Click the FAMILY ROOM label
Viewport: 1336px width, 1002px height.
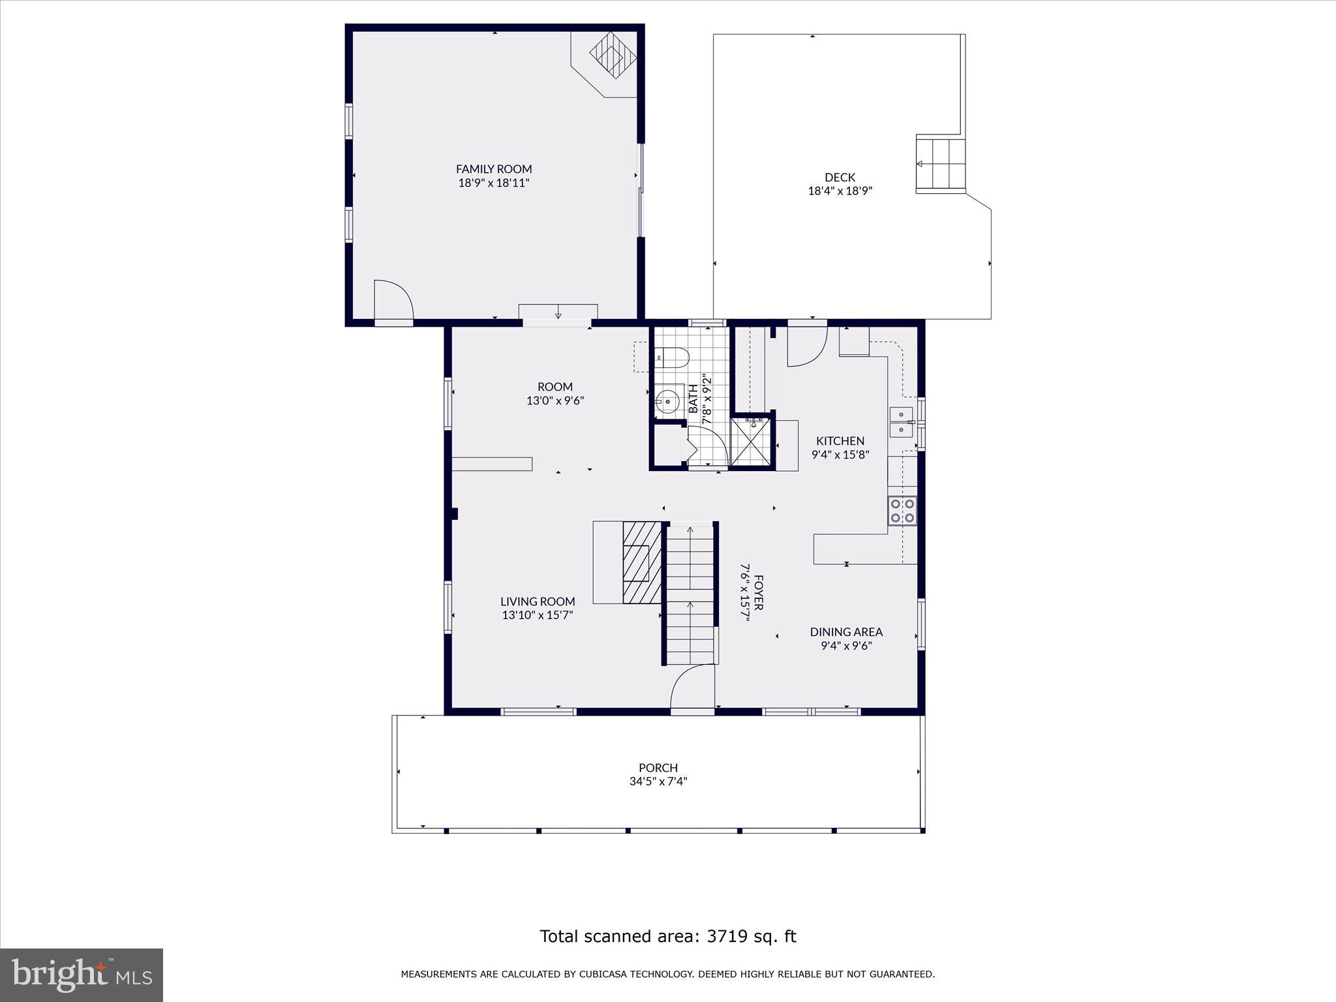(494, 169)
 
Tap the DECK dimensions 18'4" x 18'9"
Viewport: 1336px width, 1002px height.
(840, 191)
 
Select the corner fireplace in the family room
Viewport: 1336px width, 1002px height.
(612, 55)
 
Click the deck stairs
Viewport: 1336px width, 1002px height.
(940, 164)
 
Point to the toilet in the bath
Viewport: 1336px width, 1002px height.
(672, 357)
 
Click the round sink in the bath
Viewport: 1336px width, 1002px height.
(667, 401)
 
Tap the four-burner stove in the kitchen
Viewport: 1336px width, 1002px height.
(902, 510)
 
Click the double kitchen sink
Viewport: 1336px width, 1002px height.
(901, 422)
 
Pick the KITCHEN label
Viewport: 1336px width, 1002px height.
(840, 441)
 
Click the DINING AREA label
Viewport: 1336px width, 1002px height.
(846, 631)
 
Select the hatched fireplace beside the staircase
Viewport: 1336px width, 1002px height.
(642, 562)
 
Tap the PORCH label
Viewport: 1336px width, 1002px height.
(658, 768)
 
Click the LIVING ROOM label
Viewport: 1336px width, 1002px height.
(538, 601)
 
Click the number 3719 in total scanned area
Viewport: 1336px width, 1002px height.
(726, 936)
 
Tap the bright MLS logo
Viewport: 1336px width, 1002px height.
(82, 975)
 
